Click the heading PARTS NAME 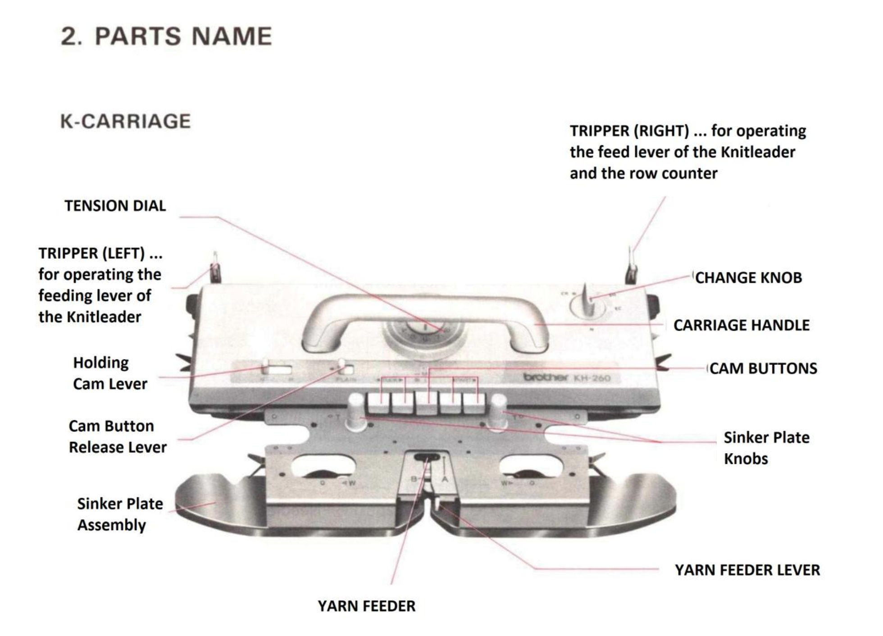tap(166, 36)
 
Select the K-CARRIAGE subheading tap(125, 121)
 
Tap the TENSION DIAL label tap(115, 206)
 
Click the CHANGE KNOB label tap(748, 277)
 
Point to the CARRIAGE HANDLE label tap(741, 325)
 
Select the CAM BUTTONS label tap(763, 368)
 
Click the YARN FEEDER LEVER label tap(747, 570)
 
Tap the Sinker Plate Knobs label tap(766, 448)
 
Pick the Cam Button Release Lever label tap(117, 436)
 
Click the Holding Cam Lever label tap(109, 373)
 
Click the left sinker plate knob tap(356, 411)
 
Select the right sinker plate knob tap(498, 411)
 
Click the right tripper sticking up tap(632, 268)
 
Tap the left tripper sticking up tap(215, 269)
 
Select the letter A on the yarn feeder tap(445, 479)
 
